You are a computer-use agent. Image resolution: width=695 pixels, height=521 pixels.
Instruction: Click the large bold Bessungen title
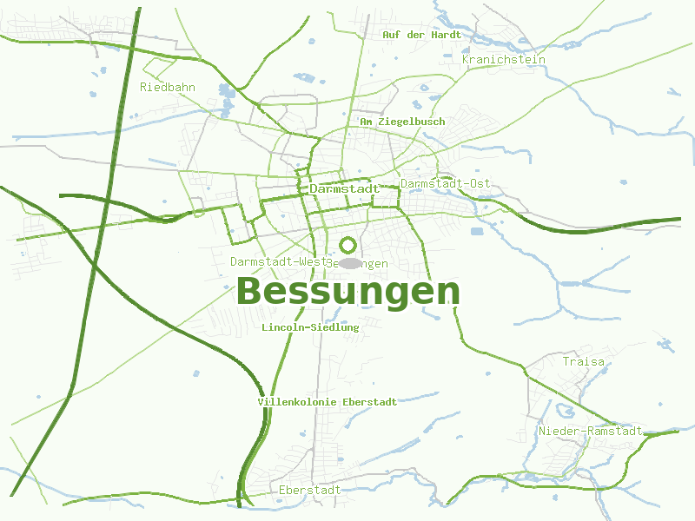coord(347,292)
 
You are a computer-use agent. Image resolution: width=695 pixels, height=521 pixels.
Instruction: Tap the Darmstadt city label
coord(344,188)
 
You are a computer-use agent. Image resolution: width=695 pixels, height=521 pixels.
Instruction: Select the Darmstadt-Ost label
coord(446,183)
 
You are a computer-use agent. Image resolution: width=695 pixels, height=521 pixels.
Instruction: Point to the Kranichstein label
coord(504,59)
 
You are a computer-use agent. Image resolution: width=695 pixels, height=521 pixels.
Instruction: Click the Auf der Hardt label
coord(421,35)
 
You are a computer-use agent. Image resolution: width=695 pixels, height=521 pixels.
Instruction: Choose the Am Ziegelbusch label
coord(402,122)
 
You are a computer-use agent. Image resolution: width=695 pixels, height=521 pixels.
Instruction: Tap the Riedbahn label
coord(168,87)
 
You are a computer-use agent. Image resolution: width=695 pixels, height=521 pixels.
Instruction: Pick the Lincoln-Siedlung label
coord(310,327)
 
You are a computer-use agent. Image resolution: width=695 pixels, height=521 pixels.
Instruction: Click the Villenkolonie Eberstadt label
coord(328,402)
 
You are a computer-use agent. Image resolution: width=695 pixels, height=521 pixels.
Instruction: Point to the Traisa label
coord(583,361)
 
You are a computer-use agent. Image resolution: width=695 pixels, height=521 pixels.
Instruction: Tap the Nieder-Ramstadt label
coord(590,431)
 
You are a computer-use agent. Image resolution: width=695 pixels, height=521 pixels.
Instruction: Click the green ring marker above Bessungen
coord(348,245)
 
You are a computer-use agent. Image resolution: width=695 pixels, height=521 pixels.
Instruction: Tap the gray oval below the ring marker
coord(350,263)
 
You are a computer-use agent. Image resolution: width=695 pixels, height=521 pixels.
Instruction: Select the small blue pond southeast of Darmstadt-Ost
coord(476,231)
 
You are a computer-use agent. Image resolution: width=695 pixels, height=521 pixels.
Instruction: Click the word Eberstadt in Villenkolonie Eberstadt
coord(369,402)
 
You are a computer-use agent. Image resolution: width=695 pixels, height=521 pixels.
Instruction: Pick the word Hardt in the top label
coord(446,35)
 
